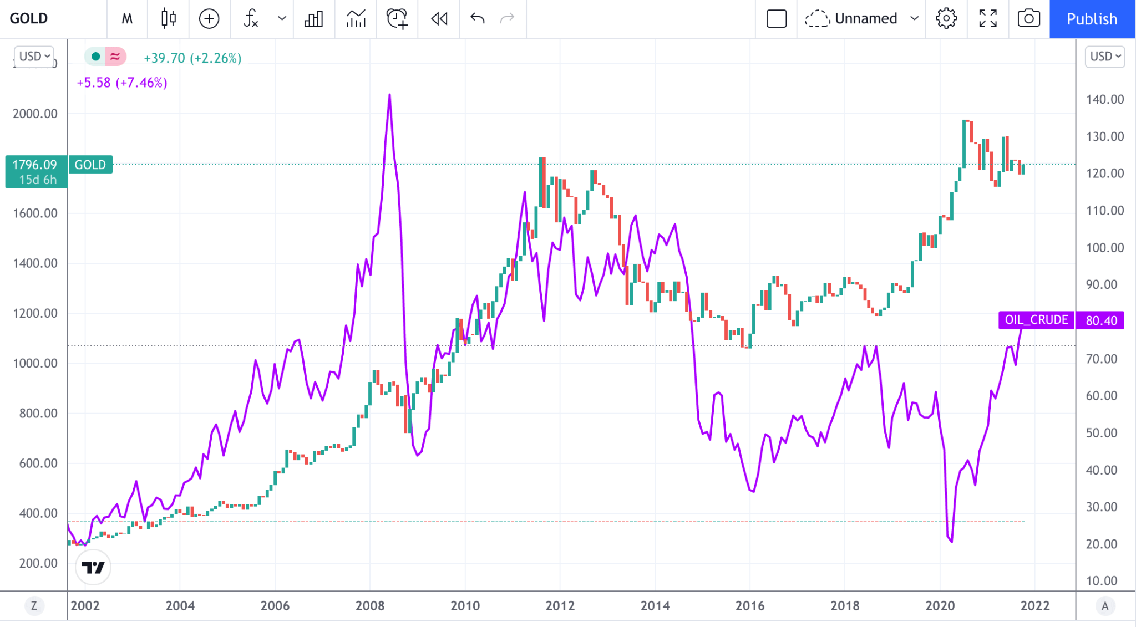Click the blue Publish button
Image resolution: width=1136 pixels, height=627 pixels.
pos(1092,19)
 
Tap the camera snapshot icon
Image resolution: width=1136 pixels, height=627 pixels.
pos(1028,19)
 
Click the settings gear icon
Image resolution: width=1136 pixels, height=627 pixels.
pos(946,19)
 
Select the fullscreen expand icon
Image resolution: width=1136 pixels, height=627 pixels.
pos(988,19)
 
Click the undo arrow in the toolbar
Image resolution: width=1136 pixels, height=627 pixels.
pos(477,19)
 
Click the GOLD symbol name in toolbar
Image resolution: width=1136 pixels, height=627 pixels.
pos(29,19)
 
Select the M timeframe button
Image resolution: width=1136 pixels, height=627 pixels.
pos(127,19)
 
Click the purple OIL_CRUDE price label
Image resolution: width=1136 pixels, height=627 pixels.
pos(1036,320)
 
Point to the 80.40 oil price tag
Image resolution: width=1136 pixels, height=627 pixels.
pos(1101,320)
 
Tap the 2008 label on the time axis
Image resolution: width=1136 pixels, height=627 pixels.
pos(370,605)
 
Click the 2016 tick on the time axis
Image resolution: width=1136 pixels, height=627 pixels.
pos(750,605)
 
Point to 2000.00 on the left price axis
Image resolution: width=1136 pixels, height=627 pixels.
pos(35,114)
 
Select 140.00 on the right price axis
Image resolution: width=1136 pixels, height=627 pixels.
pos(1105,99)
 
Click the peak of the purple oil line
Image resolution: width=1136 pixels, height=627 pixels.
pos(389,95)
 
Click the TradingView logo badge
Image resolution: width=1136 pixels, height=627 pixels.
pos(93,567)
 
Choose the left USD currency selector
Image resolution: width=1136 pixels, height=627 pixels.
pos(34,57)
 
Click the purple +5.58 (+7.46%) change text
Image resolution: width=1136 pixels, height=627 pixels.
pos(121,83)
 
